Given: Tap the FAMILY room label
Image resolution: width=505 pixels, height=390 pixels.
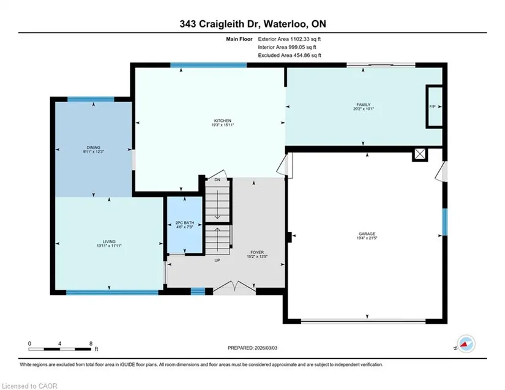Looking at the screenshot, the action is point(363,105).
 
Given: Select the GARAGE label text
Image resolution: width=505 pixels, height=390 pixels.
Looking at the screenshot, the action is point(367,234).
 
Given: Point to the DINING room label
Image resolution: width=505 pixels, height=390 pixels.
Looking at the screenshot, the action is point(94,148).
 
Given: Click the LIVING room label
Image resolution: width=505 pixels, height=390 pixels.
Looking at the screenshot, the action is point(109,242).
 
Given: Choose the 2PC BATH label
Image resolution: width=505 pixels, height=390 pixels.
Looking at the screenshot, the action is point(185,223).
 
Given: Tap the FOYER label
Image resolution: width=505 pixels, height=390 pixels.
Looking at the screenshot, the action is point(257,252).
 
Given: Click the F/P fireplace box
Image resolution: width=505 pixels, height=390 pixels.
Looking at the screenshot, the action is point(434,107).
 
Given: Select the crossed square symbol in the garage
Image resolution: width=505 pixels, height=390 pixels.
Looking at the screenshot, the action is point(420,154).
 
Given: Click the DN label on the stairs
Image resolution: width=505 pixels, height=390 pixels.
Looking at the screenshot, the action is point(217,180).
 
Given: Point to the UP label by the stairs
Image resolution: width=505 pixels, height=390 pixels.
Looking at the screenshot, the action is point(217,260).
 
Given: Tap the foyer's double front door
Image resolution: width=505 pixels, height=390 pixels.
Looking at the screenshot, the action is point(234,287).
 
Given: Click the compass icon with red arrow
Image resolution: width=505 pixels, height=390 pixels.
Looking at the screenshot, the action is point(466,344).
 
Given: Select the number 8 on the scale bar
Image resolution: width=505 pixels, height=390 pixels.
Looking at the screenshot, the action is point(91,343).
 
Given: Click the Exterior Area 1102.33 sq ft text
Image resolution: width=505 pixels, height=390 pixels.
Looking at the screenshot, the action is point(289,39).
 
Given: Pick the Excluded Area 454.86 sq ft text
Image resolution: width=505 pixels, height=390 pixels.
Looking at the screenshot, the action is point(290,55).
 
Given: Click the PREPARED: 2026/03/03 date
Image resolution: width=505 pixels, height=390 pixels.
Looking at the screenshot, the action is point(252,348).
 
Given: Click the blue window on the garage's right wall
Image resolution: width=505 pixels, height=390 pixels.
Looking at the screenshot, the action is point(444,222).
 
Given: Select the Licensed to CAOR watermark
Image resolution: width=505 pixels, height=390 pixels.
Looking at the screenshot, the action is point(29,386).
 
